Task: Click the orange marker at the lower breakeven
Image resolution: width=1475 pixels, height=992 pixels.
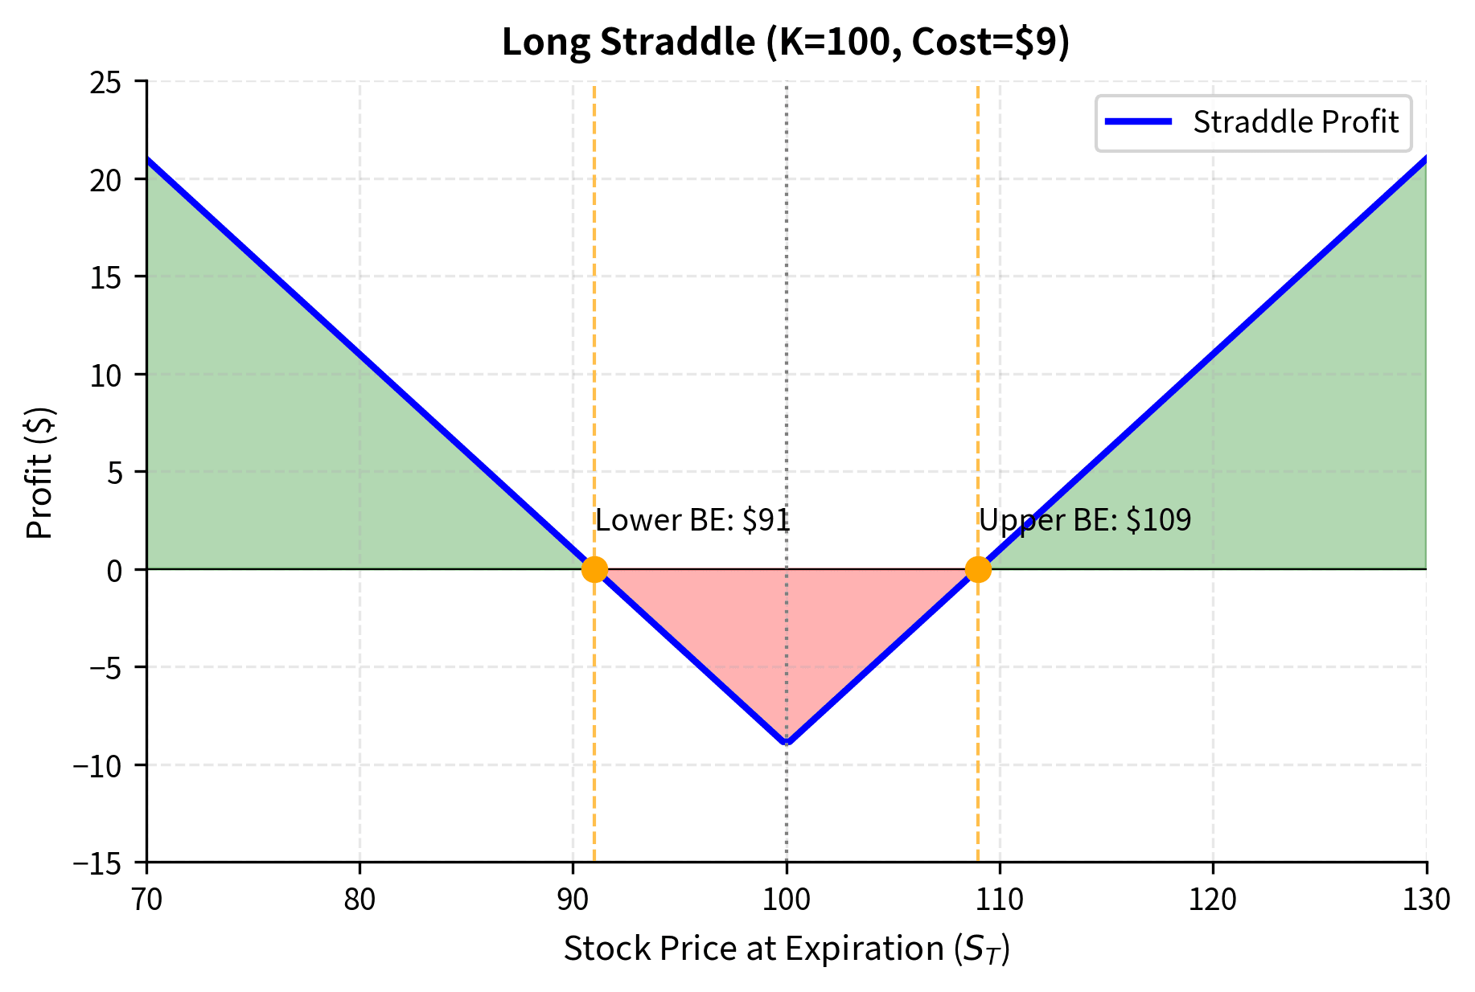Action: click(594, 569)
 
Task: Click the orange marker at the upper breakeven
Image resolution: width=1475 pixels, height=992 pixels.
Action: click(978, 569)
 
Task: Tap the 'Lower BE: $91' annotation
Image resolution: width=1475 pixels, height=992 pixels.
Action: click(692, 520)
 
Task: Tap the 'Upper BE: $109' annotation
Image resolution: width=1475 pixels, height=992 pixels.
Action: click(1085, 520)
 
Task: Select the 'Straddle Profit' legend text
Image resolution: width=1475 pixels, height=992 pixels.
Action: click(1296, 122)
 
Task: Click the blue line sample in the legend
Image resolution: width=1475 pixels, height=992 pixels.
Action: click(1138, 122)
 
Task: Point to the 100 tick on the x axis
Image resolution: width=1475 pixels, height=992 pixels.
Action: click(786, 899)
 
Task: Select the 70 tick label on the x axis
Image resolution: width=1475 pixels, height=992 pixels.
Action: click(146, 899)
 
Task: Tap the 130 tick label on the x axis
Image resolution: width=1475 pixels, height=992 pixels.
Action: click(1426, 899)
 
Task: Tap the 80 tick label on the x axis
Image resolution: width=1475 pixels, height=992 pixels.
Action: click(360, 899)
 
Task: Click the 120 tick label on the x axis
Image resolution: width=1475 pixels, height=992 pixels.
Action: click(1213, 899)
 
